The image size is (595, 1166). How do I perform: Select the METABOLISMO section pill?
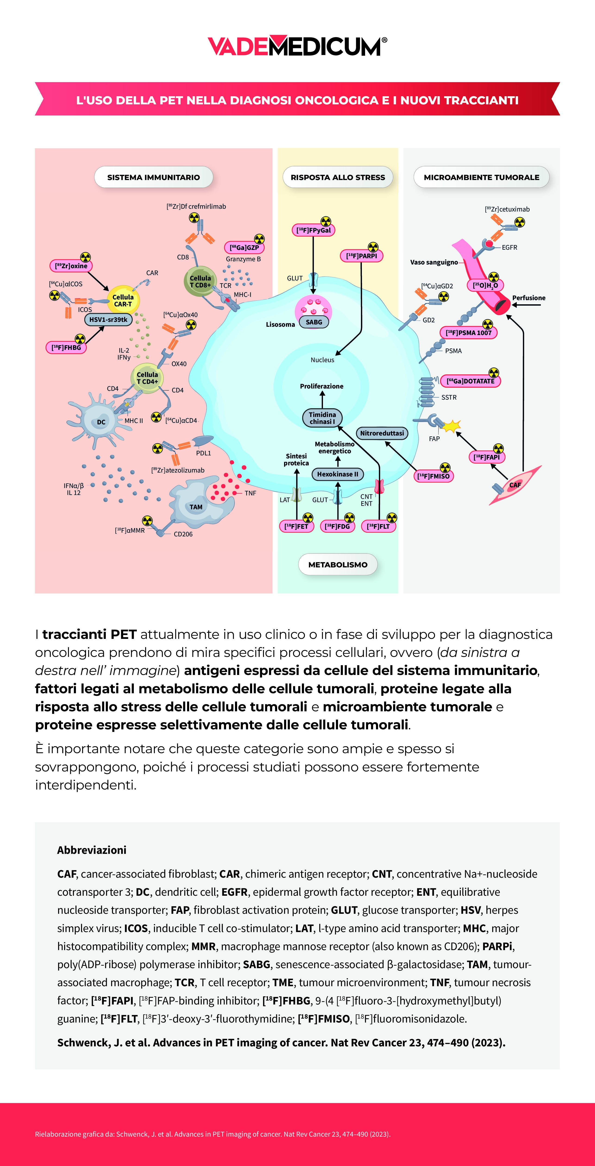[x=338, y=564]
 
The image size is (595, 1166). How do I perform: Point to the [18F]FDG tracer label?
[x=337, y=526]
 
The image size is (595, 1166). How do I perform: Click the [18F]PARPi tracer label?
[x=361, y=256]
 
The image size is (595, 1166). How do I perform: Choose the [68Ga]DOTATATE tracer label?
[x=470, y=381]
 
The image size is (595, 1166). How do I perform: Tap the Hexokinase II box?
[x=337, y=474]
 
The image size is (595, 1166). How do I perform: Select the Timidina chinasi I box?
[x=323, y=418]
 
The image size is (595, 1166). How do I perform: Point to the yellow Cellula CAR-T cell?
[x=123, y=300]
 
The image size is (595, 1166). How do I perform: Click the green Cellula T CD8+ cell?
[x=200, y=281]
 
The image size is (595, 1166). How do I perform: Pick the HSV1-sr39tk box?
[x=108, y=320]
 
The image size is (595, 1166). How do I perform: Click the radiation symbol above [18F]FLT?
[x=392, y=517]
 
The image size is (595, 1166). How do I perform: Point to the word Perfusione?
[x=528, y=298]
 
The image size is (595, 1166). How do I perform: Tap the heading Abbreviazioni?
[x=91, y=850]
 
